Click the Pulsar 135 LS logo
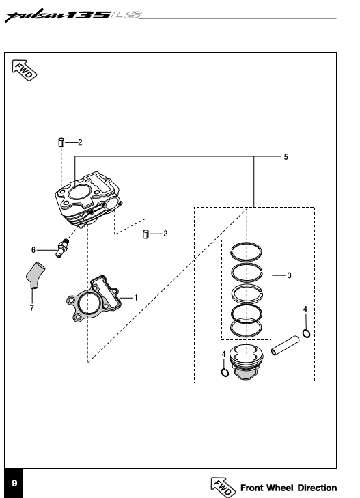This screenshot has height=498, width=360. click(x=73, y=16)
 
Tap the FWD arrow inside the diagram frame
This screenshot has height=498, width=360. click(x=24, y=70)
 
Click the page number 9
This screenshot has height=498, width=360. click(x=14, y=483)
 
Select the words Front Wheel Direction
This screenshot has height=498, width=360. click(x=288, y=488)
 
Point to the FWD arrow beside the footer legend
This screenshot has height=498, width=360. click(x=223, y=487)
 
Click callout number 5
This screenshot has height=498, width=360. click(x=286, y=157)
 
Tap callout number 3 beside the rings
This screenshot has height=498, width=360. click(x=289, y=275)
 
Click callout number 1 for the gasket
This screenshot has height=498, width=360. click(x=136, y=298)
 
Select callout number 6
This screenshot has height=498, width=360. click(x=33, y=250)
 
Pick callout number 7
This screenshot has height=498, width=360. click(x=31, y=308)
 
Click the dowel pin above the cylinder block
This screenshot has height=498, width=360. click(x=61, y=142)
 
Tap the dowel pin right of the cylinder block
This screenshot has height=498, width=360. click(x=146, y=234)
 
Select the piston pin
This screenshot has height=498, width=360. click(x=285, y=346)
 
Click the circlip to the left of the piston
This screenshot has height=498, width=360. click(x=225, y=372)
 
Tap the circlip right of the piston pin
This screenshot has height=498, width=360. click(x=306, y=333)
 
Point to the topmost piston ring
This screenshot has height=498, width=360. click(x=246, y=251)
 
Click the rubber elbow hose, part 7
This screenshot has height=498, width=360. click(x=35, y=275)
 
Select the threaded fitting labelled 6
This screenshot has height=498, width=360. click(x=62, y=247)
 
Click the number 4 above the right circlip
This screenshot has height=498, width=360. click(x=305, y=309)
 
